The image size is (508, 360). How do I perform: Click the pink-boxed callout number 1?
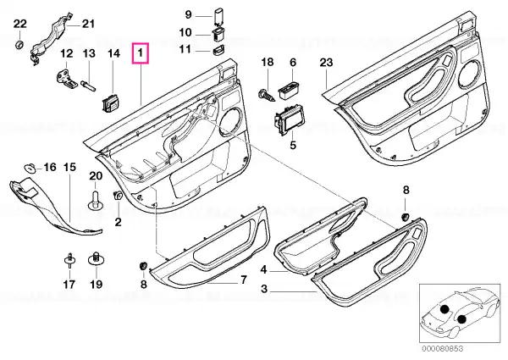point(140,53)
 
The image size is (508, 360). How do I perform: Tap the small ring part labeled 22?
point(19,44)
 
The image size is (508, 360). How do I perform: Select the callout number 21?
point(88,24)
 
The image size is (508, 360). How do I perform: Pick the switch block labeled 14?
point(111,102)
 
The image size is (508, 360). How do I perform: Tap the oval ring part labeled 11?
point(218,51)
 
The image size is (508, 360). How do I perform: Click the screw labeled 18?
point(267,95)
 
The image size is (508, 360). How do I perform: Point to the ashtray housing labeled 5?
point(289,120)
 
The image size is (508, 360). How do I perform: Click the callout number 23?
point(326,62)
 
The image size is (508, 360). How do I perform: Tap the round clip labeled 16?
point(30,168)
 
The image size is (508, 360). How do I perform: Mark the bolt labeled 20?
point(95,201)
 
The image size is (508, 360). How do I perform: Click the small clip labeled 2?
point(118,196)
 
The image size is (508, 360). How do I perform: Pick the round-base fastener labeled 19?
point(96,258)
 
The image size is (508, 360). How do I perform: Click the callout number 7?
point(243,279)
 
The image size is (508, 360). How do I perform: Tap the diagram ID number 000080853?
point(443,348)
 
